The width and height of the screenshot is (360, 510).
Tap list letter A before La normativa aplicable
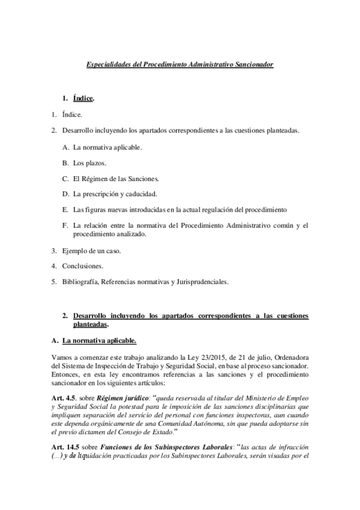click(x=65, y=146)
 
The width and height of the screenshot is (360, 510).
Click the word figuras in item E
click(x=96, y=210)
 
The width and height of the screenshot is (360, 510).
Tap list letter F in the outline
click(x=65, y=226)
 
